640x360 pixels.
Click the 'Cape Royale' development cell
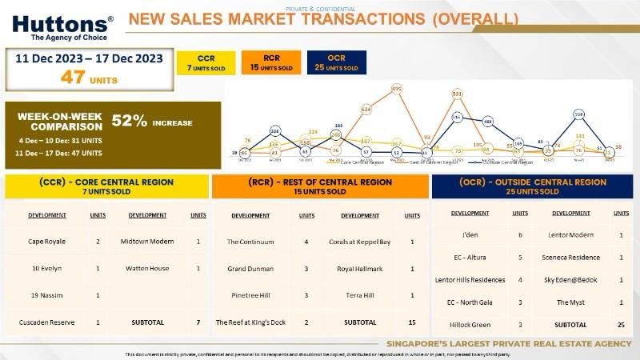(x=46, y=242)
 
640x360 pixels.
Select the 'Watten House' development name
(x=151, y=269)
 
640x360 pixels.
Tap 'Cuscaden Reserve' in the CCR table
(x=47, y=322)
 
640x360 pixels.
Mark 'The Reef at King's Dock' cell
(x=250, y=322)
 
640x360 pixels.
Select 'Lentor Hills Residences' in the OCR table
(x=470, y=280)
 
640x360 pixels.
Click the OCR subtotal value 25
(x=620, y=325)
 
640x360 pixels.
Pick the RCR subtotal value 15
(x=412, y=322)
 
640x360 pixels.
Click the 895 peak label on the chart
(x=397, y=88)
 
